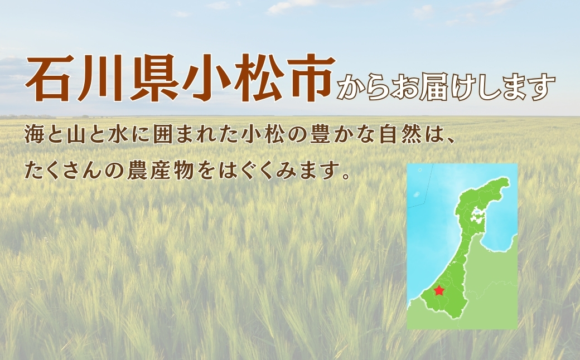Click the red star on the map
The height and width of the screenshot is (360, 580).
pyautogui.click(x=439, y=290)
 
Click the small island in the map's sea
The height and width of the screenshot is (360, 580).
pyautogui.click(x=417, y=195)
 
